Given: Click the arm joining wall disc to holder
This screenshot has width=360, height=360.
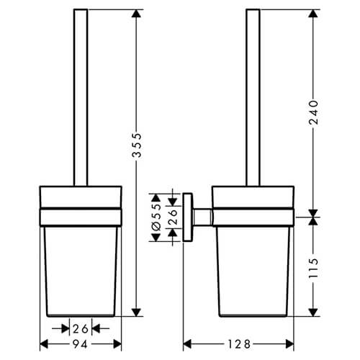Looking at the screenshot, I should point(204,215).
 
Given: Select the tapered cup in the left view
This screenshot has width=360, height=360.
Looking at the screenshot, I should point(80,266).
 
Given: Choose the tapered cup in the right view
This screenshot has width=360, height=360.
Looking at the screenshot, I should point(254,266).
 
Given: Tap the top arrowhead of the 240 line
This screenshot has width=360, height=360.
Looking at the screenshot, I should point(313,14).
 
